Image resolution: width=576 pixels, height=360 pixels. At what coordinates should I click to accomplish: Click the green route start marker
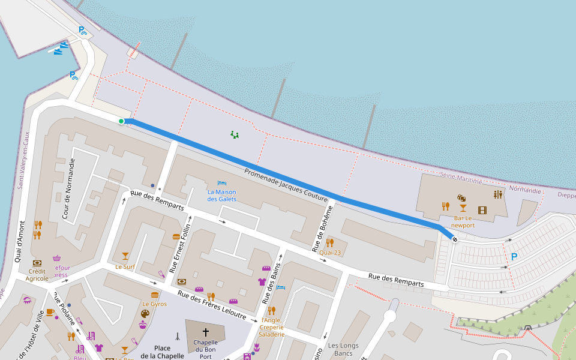coord(121,121)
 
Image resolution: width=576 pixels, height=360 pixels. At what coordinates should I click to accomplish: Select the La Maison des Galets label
coord(222,195)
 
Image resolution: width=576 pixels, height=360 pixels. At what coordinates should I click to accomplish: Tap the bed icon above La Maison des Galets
coord(222,182)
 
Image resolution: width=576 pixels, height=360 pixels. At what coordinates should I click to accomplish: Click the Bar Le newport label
coord(463,221)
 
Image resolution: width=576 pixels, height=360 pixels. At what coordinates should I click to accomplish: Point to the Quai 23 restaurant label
coord(329,253)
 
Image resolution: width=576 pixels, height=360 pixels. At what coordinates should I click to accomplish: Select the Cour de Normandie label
coord(67,188)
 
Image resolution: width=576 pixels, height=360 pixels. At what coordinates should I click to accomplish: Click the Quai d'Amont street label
coord(20,245)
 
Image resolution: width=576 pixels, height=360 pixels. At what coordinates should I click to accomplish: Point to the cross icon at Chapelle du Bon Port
coord(206,332)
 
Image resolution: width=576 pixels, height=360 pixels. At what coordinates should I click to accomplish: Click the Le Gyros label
coord(155,304)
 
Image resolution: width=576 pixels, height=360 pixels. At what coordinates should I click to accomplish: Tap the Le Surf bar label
coord(125,266)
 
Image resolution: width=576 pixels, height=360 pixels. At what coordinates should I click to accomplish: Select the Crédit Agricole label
coord(37,274)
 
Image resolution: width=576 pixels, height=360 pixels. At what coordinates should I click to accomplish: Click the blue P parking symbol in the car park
coord(514,257)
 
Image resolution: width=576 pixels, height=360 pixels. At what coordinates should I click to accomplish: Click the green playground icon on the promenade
coord(235,135)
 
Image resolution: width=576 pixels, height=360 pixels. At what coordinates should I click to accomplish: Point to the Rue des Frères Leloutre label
coord(212,304)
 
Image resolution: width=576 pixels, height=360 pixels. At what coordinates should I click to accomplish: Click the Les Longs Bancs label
coord(343,349)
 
